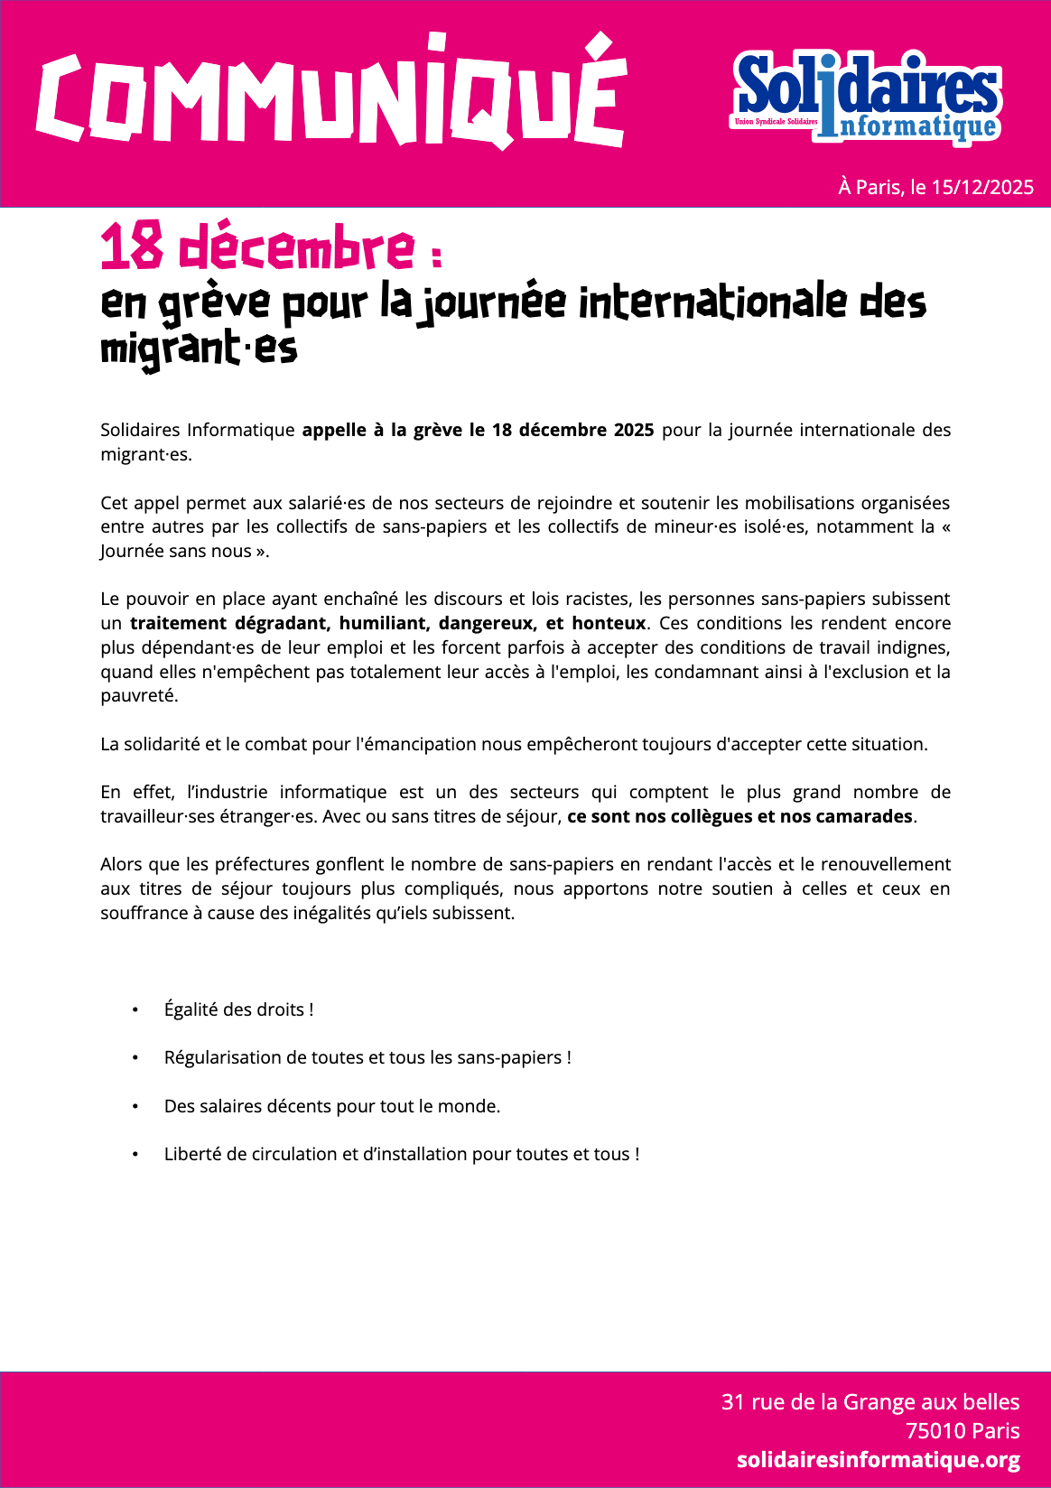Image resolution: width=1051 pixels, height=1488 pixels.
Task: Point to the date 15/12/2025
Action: (982, 187)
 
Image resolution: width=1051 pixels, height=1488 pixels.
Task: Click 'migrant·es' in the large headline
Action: (199, 349)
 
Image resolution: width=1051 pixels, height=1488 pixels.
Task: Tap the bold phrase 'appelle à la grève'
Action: (383, 430)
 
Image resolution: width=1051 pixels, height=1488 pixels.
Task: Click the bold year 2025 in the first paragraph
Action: (634, 430)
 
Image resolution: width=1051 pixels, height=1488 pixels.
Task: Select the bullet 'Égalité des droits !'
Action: (238, 1009)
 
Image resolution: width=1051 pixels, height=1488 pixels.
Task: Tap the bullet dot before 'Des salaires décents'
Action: (135, 1106)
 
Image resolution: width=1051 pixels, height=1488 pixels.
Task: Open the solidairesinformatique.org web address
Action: (878, 1459)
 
